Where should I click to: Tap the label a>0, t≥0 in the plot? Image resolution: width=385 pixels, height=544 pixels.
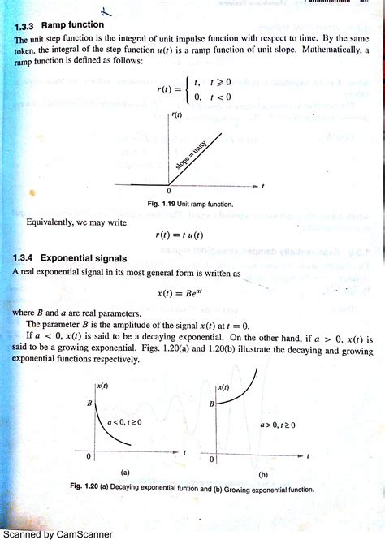(x=277, y=425)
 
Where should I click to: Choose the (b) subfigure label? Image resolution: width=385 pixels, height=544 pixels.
(x=263, y=473)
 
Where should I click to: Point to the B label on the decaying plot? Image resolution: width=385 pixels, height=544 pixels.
(x=89, y=402)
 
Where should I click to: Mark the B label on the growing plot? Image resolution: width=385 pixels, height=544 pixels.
(x=211, y=404)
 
